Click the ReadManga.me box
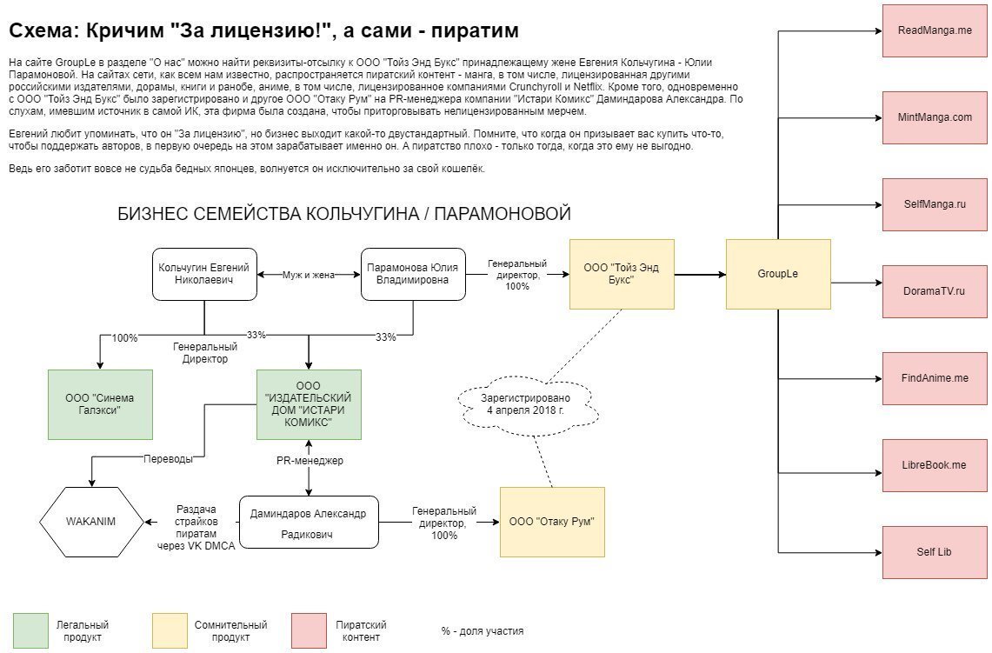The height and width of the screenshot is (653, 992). click(x=935, y=30)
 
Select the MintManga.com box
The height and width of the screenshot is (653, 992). click(x=935, y=117)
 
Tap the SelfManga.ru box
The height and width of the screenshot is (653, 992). click(x=935, y=204)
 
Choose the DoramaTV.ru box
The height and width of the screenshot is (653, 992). click(x=935, y=291)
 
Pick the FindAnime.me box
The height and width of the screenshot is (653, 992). click(x=935, y=378)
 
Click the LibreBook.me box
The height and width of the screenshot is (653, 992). click(x=935, y=465)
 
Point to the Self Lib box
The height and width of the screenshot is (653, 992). click(x=935, y=552)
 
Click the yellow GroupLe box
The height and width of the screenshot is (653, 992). click(x=778, y=274)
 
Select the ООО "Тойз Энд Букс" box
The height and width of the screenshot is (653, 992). click(x=622, y=274)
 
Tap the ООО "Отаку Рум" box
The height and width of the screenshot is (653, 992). click(x=552, y=522)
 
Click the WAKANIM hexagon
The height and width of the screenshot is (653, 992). click(x=91, y=522)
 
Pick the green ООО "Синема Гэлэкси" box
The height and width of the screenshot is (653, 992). click(x=100, y=404)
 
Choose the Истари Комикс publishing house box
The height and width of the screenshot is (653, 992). click(x=309, y=404)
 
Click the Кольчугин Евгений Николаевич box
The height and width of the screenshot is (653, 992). click(x=204, y=274)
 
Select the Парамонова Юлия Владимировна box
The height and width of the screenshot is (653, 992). click(x=413, y=274)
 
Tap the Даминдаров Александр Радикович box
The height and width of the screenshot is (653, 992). click(x=309, y=522)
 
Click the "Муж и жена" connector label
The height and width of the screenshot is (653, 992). click(x=309, y=274)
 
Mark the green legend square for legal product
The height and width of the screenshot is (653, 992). click(x=30, y=630)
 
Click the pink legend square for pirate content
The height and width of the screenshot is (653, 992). click(x=309, y=630)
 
